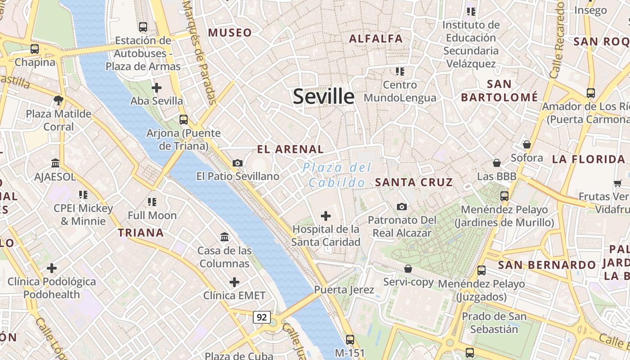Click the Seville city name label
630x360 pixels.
pos(324,97)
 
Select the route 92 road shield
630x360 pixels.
pos(261,317)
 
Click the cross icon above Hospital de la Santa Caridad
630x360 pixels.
pos(325,216)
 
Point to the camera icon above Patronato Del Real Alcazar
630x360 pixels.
pos(402,207)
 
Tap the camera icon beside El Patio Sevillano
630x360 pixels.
pos(238,163)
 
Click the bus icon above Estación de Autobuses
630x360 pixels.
pos(143,27)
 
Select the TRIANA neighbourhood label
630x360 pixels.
pos(141,233)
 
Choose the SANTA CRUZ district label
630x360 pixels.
pos(414,182)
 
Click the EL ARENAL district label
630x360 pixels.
pos(290,149)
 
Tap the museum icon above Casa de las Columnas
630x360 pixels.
pos(224,237)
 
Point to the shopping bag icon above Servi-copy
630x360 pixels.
pos(408,269)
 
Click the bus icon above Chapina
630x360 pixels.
pos(35,49)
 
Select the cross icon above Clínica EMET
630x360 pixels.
pos(234,282)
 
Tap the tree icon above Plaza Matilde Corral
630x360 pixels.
pos(58,100)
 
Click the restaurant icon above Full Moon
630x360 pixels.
pos(152,202)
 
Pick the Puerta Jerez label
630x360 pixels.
pos(344,289)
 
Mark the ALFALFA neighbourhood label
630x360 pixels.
pos(376,39)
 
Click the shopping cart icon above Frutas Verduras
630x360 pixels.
pos(617,183)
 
